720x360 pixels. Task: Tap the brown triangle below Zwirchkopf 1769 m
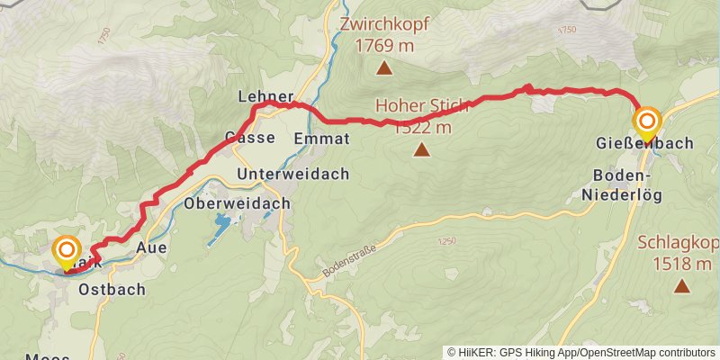pos(384,68)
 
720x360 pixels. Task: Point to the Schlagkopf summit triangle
pos(682,286)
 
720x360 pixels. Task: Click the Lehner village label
pos(265,96)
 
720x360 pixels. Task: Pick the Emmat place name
pos(321,139)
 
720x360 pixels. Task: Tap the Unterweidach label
pos(292,174)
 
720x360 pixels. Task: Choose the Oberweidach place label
pos(237,203)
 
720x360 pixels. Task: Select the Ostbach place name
pos(112,290)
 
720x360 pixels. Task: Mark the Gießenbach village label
pos(643,143)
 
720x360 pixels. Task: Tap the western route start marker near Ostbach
pos(67,250)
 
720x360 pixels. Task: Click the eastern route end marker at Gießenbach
pos(647,121)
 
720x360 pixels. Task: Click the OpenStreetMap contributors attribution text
pos(647,352)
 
